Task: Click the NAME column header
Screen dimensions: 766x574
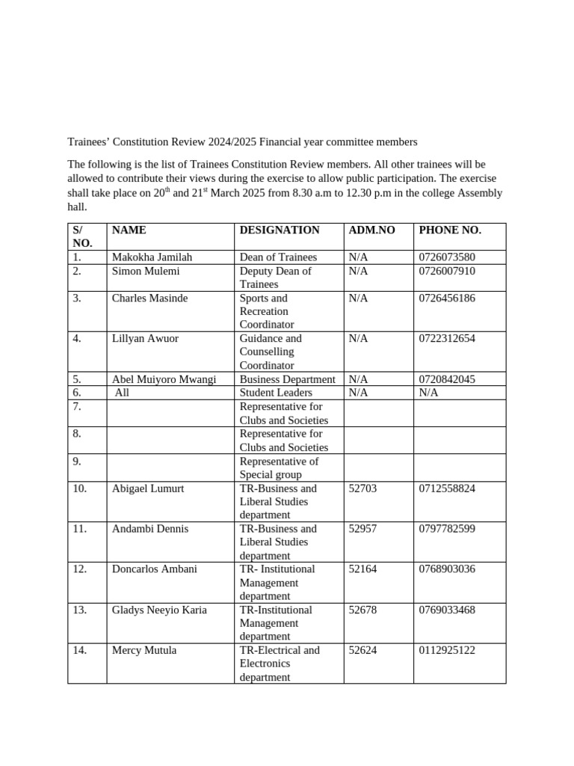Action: pos(129,230)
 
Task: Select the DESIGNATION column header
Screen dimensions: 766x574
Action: pos(279,230)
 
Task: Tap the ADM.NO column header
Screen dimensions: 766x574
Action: pos(371,230)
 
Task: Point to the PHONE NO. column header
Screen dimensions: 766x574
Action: pos(450,230)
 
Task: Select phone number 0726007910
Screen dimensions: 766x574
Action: pos(447,271)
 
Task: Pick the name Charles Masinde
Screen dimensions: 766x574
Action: pos(149,298)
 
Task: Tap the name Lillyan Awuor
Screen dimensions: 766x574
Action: pos(145,338)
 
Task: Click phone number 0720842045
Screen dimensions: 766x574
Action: pos(447,379)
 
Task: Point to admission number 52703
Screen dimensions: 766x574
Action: pos(362,488)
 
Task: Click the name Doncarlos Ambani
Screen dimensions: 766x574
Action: pos(155,569)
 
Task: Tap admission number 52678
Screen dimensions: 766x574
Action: pos(362,610)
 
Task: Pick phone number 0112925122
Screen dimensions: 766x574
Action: pos(447,650)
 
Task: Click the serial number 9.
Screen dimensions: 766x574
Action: pos(76,462)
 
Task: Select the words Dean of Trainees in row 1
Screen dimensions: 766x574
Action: pos(278,257)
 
